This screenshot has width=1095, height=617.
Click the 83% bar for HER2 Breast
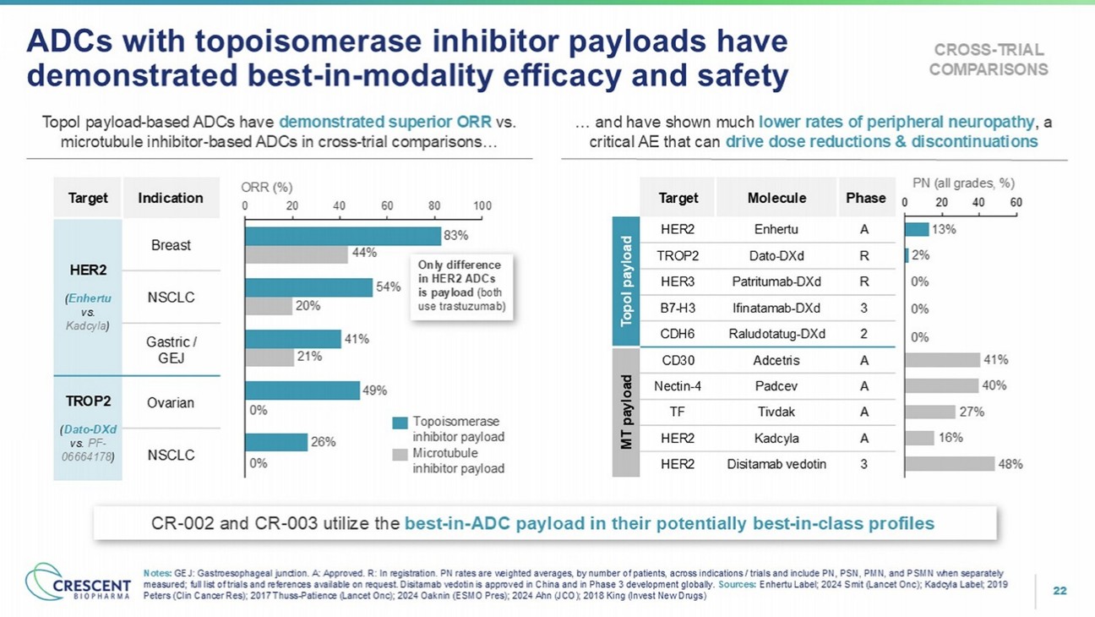[x=342, y=235]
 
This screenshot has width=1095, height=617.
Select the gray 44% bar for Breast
[x=296, y=253]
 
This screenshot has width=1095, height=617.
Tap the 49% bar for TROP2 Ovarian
[x=302, y=390]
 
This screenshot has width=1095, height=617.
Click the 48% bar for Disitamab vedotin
[x=949, y=463]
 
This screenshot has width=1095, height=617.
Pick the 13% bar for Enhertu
[x=916, y=229]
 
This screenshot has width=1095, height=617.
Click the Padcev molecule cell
[x=776, y=386]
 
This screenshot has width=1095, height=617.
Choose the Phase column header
[x=865, y=198]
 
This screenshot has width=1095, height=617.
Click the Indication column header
[x=171, y=198]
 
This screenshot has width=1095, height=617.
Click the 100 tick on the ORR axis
[x=482, y=205]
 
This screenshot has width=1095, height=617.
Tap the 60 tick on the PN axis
[x=1016, y=203]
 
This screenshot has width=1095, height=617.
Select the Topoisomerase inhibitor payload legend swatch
[x=400, y=422]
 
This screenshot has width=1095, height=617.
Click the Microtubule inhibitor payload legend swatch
[x=400, y=455]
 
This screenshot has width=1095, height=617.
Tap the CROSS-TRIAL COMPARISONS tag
[x=988, y=59]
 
